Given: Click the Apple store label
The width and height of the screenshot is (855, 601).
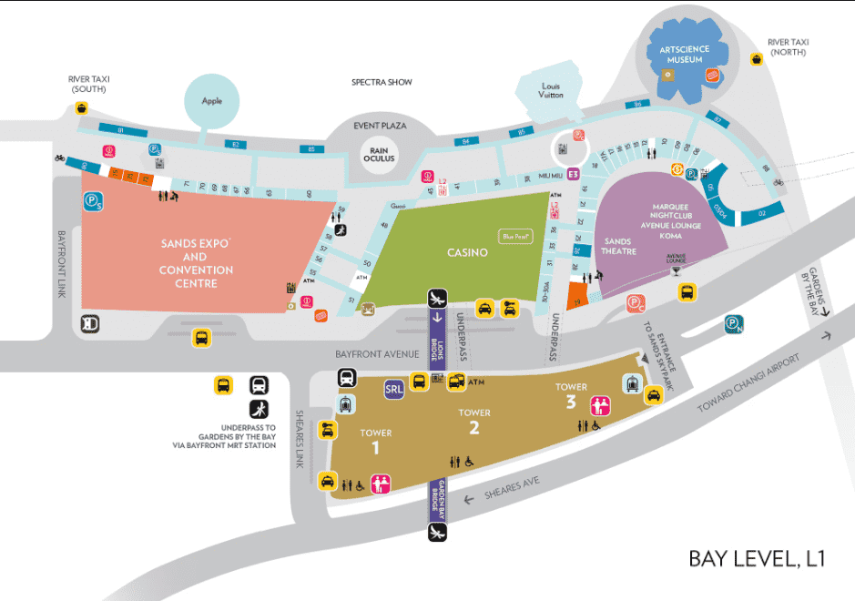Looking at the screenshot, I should click(211, 102).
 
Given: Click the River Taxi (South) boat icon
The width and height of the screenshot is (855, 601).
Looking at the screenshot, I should click(83, 109).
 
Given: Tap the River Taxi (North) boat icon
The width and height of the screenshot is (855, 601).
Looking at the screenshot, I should click(756, 59).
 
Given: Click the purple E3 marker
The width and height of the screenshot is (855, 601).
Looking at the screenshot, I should click(574, 174).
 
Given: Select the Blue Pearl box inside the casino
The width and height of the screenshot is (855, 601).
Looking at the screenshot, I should click(514, 237).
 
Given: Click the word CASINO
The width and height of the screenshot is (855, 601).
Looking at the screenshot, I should click(467, 252).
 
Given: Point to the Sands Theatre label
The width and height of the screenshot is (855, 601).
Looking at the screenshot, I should click(619, 247).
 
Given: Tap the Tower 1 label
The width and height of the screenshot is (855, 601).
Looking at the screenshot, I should click(375, 440).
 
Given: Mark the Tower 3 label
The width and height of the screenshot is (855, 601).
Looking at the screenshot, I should click(572, 394).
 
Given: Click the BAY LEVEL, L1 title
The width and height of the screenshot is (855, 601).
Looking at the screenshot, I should click(756, 558).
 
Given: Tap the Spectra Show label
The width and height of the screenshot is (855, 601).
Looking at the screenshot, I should click(382, 82).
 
